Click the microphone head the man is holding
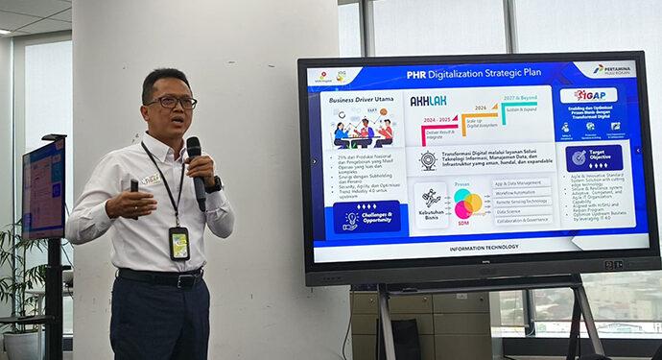(194, 147)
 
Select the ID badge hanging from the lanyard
(178, 243)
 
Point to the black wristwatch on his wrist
(214, 183)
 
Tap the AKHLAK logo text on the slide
(428, 100)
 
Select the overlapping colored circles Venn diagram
(468, 204)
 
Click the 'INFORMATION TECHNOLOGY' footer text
(484, 248)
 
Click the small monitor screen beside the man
(43, 188)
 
